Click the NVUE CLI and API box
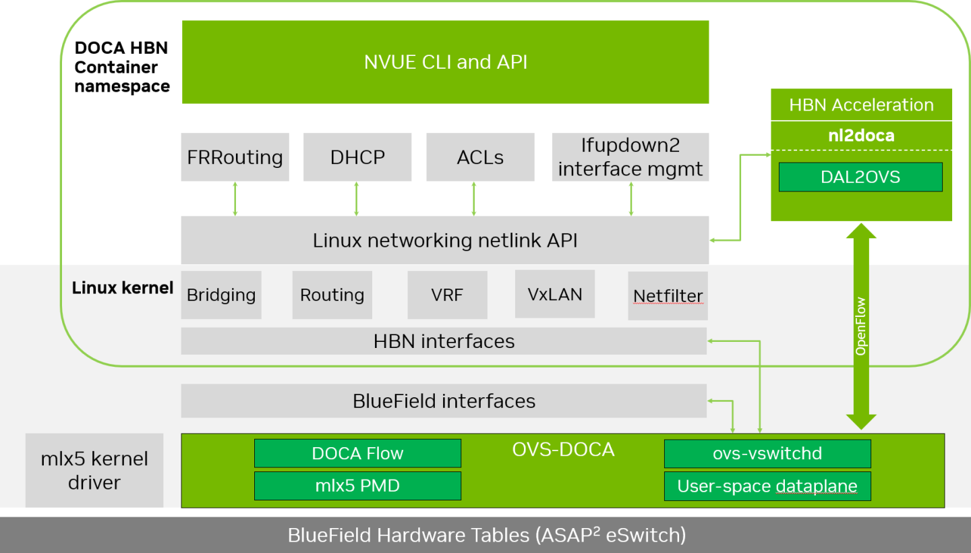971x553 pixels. (x=445, y=62)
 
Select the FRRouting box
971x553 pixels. (x=235, y=157)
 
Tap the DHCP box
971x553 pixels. (x=357, y=157)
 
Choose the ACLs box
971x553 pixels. (x=480, y=157)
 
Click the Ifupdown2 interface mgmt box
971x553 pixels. (x=630, y=157)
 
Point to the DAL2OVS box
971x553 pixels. (x=860, y=177)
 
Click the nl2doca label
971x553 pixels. (x=861, y=136)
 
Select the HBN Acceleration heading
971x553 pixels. (x=861, y=105)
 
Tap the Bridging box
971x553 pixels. (x=221, y=295)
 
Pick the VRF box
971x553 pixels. (x=447, y=295)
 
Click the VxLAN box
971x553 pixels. (x=554, y=294)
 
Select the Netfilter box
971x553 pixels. (x=668, y=296)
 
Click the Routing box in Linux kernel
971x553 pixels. (x=332, y=295)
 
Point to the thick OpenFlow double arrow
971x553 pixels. (x=860, y=327)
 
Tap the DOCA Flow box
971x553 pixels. (x=357, y=453)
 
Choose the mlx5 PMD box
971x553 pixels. (x=357, y=486)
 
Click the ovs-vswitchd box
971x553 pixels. (x=767, y=453)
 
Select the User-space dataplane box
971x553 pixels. (x=767, y=486)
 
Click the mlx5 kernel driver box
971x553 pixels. (x=94, y=471)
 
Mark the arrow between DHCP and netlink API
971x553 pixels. (x=357, y=198)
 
